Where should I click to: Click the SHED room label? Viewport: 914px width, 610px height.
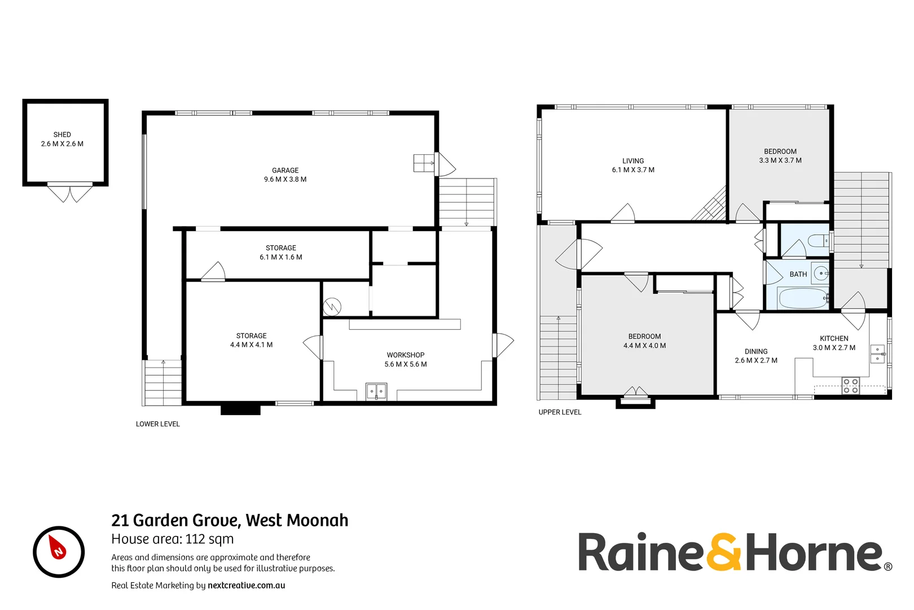point(62,134)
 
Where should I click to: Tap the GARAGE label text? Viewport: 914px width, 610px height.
point(285,170)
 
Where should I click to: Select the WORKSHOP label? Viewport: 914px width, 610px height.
point(405,355)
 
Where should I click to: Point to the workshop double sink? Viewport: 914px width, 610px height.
point(376,391)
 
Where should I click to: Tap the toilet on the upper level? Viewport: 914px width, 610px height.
point(818,241)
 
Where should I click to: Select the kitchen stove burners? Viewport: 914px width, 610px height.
point(850,386)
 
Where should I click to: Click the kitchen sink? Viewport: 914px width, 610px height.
point(877,354)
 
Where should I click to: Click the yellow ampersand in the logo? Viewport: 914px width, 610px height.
point(723,552)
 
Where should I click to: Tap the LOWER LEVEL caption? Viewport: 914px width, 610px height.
point(157,424)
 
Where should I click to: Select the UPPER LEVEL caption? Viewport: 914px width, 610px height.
point(559,412)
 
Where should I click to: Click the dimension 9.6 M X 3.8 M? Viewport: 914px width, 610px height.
point(285,180)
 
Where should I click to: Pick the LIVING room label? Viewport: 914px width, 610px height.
point(632,160)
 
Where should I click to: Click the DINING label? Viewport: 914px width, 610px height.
point(755,351)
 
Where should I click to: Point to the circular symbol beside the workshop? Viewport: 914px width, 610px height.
point(332,307)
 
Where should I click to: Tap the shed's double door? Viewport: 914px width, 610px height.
point(69,193)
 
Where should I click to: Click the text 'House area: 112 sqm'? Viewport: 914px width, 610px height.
point(172,539)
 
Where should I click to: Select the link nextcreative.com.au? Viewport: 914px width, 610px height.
point(246,585)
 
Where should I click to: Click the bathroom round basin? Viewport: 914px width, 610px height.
point(821,273)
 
